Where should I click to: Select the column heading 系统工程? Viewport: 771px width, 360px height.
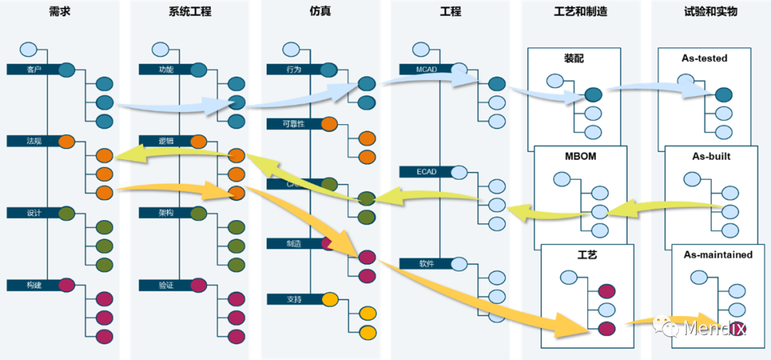click(190, 11)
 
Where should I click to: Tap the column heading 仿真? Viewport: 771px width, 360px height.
click(321, 11)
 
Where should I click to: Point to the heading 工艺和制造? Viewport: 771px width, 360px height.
click(580, 11)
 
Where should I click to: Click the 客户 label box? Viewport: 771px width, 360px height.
click(33, 69)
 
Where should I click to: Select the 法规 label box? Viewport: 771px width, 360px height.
click(33, 141)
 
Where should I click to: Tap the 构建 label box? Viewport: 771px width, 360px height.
click(33, 285)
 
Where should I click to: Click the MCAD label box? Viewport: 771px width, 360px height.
click(426, 69)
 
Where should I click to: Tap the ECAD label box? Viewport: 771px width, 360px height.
click(426, 171)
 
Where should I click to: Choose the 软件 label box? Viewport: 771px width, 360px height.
click(426, 263)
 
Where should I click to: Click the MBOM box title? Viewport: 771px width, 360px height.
click(580, 156)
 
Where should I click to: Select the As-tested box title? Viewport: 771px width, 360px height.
click(704, 58)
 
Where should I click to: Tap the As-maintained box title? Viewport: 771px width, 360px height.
click(717, 254)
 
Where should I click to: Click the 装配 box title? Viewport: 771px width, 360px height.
click(573, 59)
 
